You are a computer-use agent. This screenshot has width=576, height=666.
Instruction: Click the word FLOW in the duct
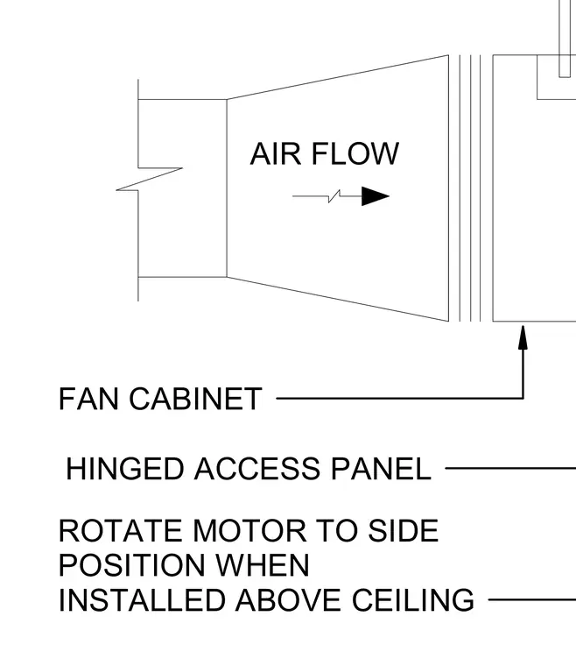coord(355,153)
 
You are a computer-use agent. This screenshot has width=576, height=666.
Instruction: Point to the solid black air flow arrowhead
coord(376,196)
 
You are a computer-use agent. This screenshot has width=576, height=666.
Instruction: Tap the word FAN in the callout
coord(88,399)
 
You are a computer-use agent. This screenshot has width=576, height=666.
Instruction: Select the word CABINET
coord(195,399)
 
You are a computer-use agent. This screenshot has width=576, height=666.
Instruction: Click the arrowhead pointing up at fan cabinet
coord(523,337)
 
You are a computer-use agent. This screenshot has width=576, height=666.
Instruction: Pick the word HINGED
coord(124,469)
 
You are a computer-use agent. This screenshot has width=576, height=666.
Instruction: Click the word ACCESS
coord(257,469)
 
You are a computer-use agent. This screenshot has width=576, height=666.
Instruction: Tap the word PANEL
coord(381,469)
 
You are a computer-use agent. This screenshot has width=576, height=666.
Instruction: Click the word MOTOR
coord(249,530)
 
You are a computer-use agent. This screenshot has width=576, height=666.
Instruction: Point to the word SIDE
coord(403,530)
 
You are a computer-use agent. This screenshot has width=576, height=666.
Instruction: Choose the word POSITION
coord(132,565)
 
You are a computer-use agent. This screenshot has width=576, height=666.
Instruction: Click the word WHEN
coord(263,565)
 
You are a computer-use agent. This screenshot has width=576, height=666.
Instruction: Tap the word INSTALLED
coord(142,599)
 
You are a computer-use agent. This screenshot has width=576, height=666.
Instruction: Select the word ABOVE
coord(288,599)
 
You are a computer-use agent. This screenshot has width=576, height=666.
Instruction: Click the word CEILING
coord(413,599)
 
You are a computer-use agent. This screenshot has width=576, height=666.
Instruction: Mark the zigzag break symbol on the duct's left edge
coord(150,179)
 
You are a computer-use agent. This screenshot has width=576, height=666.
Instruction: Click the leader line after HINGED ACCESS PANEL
coord(510,469)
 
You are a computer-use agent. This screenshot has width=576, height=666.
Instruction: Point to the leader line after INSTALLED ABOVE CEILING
coord(532,599)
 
